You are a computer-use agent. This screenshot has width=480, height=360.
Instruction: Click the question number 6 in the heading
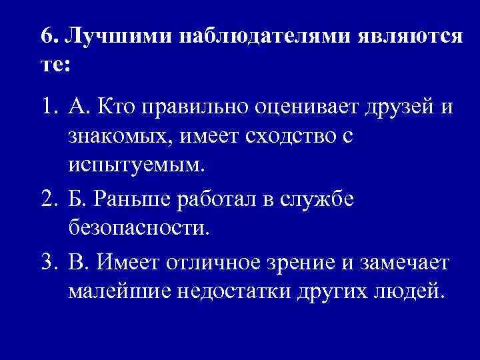point(46,38)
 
